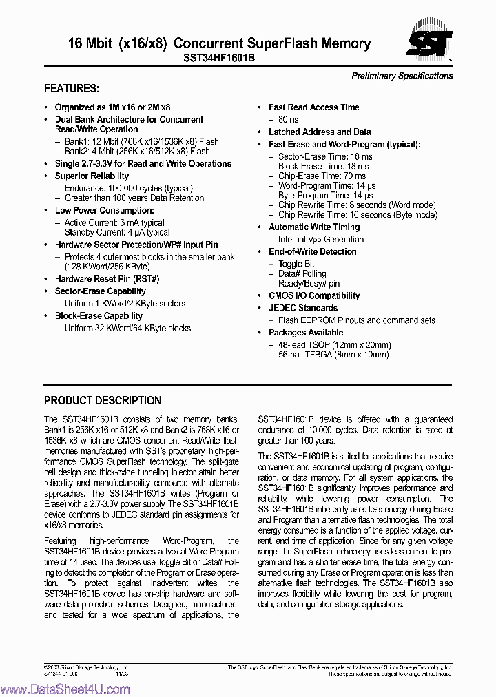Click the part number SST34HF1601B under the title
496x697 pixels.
pyautogui.click(x=219, y=59)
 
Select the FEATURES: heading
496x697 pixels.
pyautogui.click(x=72, y=89)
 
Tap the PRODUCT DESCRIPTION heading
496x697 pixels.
pyautogui.click(x=103, y=400)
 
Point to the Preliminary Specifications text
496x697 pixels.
pyautogui.click(x=402, y=76)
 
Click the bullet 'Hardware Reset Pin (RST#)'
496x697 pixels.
pyautogui.click(x=107, y=279)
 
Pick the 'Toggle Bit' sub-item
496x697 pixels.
pyautogui.click(x=296, y=264)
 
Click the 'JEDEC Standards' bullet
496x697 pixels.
pyautogui.click(x=303, y=308)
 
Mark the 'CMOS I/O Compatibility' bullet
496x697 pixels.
pyautogui.click(x=314, y=295)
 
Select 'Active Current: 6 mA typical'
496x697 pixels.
pyautogui.click(x=114, y=223)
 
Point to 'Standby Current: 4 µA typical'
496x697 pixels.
pyautogui.click(x=117, y=233)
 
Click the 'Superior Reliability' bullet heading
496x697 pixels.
pyautogui.click(x=92, y=176)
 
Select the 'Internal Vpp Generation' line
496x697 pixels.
pyautogui.click(x=321, y=239)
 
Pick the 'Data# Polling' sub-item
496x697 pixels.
pyautogui.click(x=302, y=273)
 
